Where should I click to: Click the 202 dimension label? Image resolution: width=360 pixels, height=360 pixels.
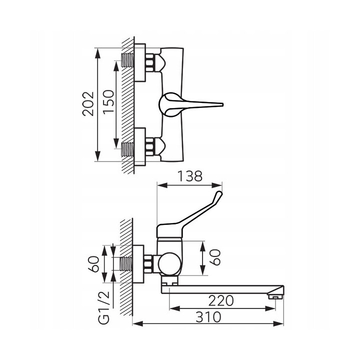(x=88, y=104)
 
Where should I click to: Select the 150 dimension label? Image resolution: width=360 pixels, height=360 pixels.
(x=108, y=101)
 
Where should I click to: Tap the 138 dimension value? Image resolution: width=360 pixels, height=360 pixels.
(x=190, y=176)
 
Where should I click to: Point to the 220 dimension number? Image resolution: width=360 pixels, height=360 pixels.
(x=221, y=301)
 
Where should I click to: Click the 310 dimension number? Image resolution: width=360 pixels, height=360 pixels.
(x=208, y=317)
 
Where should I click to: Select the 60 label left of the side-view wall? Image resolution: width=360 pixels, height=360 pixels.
(x=93, y=264)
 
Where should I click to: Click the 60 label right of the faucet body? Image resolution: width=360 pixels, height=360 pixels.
(x=215, y=257)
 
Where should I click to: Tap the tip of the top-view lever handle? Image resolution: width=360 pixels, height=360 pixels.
(x=222, y=104)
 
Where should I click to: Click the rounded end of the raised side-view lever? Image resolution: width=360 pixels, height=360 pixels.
(x=219, y=193)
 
